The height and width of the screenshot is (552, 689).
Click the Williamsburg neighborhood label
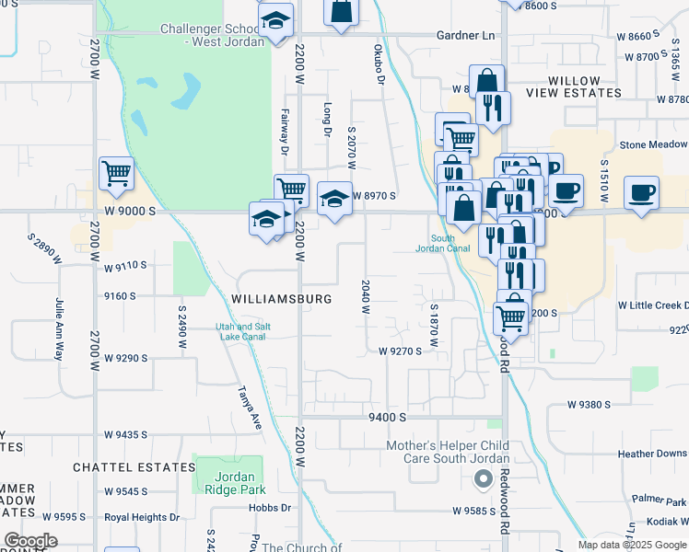281,299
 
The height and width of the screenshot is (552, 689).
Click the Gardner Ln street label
466,36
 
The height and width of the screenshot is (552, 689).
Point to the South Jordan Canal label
436,244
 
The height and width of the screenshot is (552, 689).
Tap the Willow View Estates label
575,87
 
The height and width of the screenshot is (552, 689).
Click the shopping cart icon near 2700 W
117,173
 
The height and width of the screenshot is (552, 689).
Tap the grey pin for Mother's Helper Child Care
482,478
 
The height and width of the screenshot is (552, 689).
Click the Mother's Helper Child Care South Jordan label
447,452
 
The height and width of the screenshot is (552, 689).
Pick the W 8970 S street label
373,196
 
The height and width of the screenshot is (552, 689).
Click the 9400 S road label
387,417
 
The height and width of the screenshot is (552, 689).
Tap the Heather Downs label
652,454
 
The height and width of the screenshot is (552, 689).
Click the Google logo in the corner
30,541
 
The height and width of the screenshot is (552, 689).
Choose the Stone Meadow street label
653,144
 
